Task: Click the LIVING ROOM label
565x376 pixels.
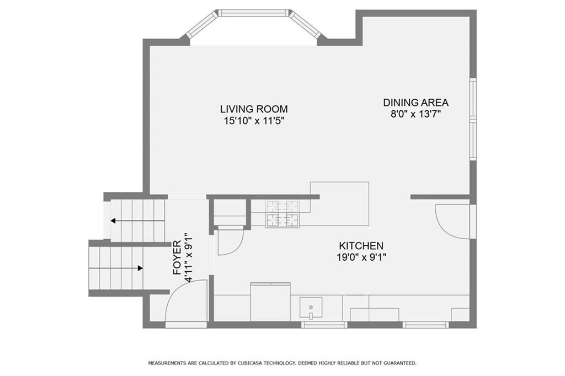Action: (254, 109)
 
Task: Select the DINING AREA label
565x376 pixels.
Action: (415, 103)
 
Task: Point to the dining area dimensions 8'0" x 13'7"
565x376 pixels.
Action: (416, 114)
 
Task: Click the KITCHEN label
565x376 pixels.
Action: (361, 246)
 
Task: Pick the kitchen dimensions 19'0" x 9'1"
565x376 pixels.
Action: (362, 257)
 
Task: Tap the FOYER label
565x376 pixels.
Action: (177, 258)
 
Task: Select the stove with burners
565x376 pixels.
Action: (282, 214)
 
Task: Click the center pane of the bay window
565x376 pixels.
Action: (254, 13)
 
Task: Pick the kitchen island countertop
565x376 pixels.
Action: (339, 204)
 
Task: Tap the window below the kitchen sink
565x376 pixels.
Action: (324, 325)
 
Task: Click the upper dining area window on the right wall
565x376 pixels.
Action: (473, 98)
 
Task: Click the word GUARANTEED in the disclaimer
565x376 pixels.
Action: (401, 363)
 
